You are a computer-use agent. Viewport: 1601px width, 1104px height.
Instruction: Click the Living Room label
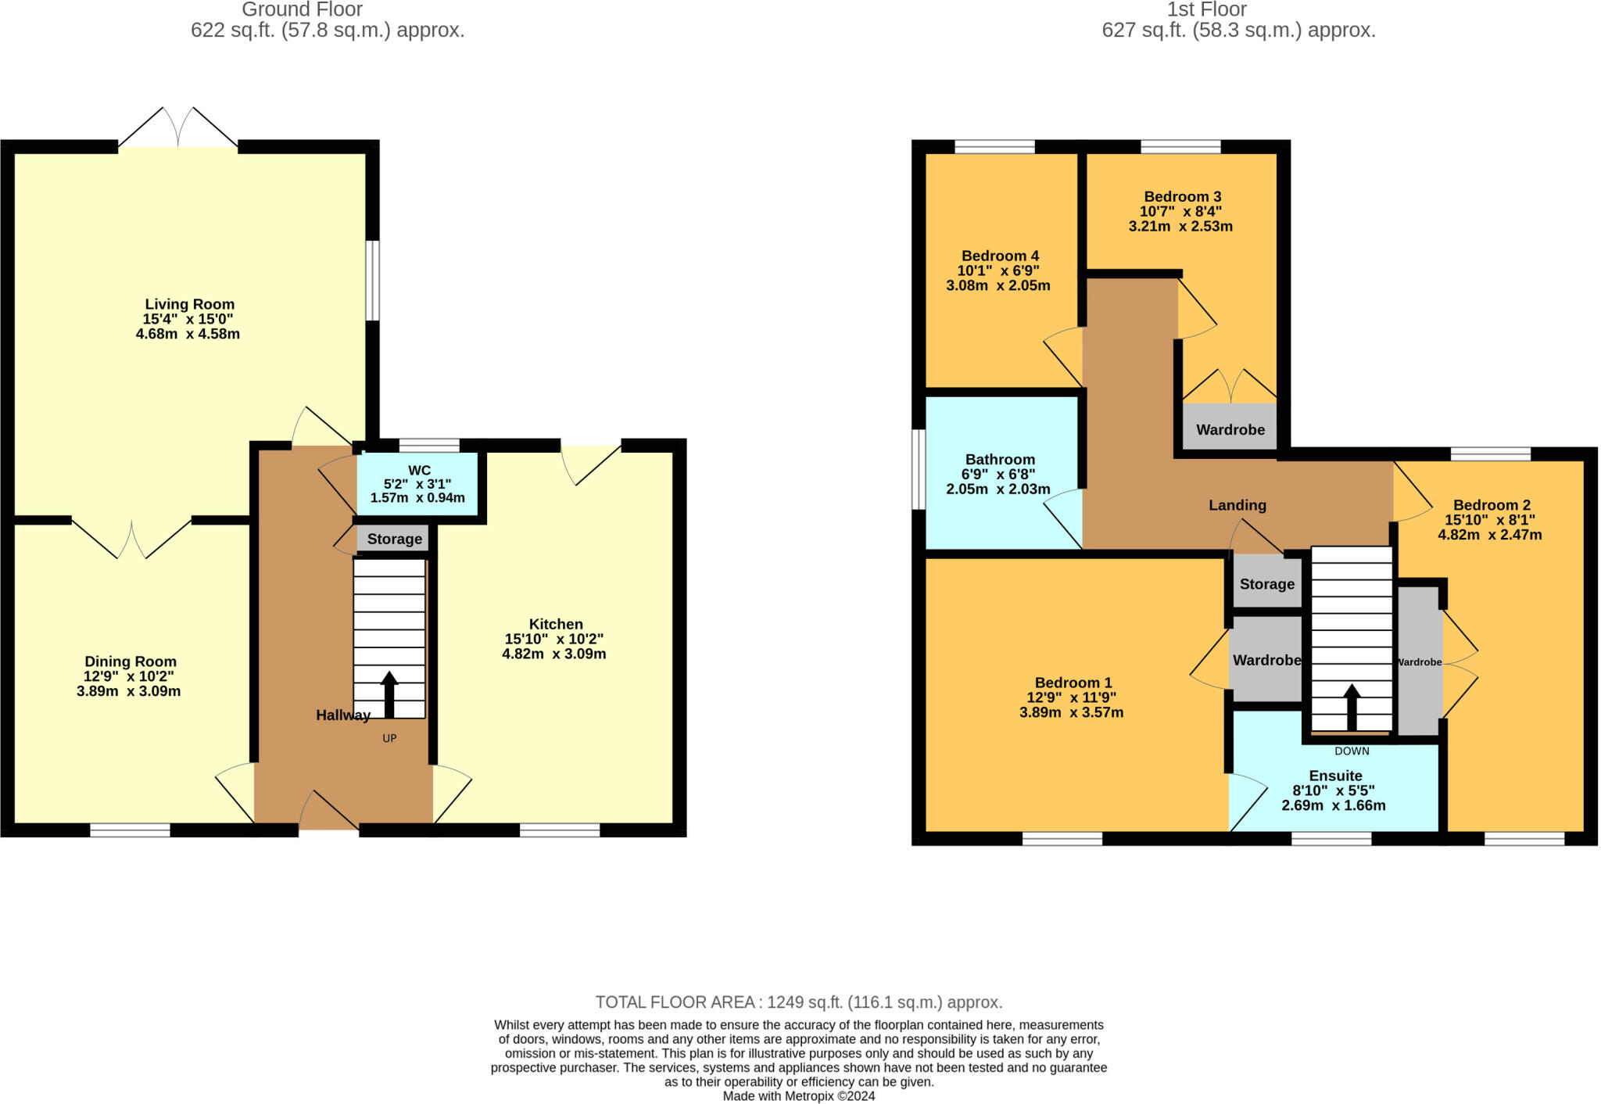[189, 305]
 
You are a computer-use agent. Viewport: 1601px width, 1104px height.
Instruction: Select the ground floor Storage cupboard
[394, 539]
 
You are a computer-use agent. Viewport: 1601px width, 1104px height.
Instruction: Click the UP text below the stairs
[389, 738]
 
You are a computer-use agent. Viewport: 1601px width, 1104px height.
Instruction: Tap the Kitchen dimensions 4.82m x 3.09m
[553, 654]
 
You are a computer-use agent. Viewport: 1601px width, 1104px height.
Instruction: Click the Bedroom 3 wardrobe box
[1230, 429]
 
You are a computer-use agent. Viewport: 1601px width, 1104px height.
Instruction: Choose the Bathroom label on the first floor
[999, 460]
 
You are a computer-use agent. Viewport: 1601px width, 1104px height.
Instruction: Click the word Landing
[1237, 505]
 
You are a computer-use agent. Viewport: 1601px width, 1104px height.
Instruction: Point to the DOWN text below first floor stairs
[1352, 751]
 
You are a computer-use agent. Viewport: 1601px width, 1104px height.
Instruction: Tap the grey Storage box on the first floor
[1266, 583]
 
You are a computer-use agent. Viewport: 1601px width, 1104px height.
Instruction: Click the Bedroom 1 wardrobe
[1266, 660]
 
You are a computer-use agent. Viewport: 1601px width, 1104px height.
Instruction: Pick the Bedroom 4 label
[999, 256]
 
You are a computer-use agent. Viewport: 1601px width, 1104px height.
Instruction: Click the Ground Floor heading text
[302, 10]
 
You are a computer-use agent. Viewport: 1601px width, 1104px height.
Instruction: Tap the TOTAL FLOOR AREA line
[798, 1002]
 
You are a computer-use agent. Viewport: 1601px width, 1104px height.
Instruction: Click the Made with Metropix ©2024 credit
[798, 1096]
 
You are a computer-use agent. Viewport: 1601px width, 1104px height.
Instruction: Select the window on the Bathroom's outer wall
[919, 469]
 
